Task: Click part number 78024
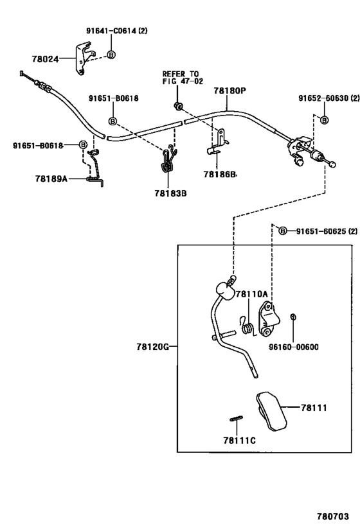pos(46,59)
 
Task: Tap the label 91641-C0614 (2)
pos(116,31)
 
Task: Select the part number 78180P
pos(230,91)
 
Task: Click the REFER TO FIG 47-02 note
pos(183,78)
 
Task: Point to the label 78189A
pos(51,179)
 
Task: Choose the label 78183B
pos(170,193)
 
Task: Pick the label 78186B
pos(219,175)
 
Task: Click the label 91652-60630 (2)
pos(328,98)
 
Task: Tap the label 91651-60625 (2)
pos(327,231)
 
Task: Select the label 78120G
pos(152,347)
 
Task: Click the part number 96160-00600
pos(294,347)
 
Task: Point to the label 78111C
pos(239,440)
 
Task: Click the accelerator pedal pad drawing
pos(271,410)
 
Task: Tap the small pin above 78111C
pos(237,418)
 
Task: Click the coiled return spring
pos(247,326)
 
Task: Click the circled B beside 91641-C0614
pos(111,55)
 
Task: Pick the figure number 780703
pos(333,516)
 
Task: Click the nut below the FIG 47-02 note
pos(178,106)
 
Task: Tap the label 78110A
pos(251,294)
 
